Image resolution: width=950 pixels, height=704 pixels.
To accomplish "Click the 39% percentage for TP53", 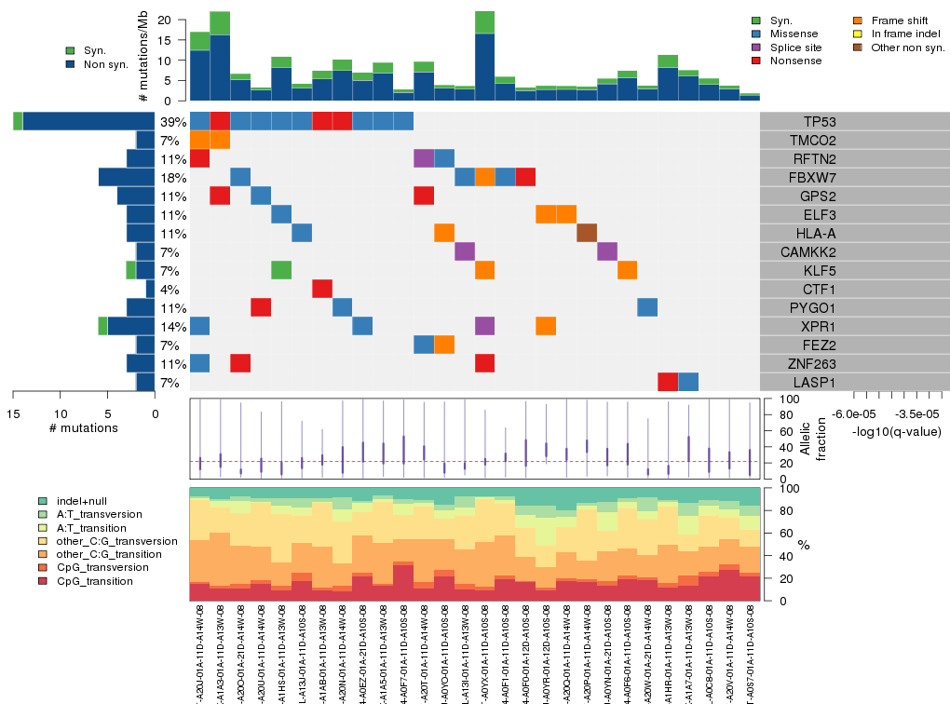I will (x=173, y=122).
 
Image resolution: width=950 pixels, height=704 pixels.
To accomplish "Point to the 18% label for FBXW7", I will (x=173, y=178).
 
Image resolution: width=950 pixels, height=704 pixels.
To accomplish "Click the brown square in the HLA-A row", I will (x=587, y=233).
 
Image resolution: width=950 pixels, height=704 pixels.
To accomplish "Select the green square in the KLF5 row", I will (x=281, y=270).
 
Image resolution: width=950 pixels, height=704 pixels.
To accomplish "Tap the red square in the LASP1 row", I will (x=668, y=382).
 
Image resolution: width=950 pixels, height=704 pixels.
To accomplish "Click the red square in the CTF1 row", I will (x=322, y=289).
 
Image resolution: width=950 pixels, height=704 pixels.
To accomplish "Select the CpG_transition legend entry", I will (x=94, y=581).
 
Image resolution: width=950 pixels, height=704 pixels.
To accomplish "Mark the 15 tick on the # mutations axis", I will (x=14, y=414).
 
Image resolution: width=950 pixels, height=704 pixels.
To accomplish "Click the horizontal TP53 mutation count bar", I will (x=88, y=122).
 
